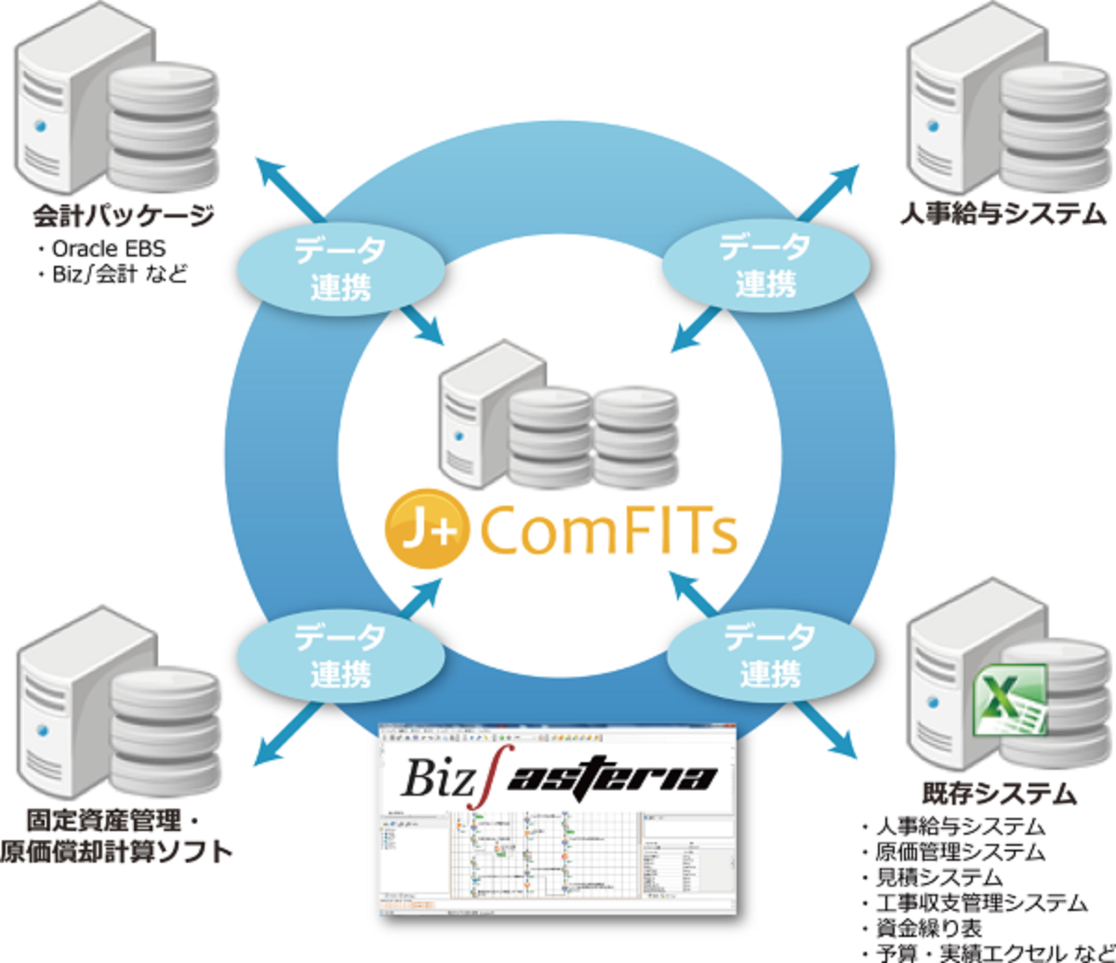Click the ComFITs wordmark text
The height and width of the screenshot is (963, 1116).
609,533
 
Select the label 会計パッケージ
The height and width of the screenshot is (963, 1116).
124,217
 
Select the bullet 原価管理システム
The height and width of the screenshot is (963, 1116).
960,851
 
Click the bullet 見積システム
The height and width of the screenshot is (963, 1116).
939,876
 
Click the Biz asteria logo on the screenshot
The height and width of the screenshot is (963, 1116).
559,777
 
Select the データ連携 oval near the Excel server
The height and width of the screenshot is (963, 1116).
769,654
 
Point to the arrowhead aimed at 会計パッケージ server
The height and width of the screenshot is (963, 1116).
269,171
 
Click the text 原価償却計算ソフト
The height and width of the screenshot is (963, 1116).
116,851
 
